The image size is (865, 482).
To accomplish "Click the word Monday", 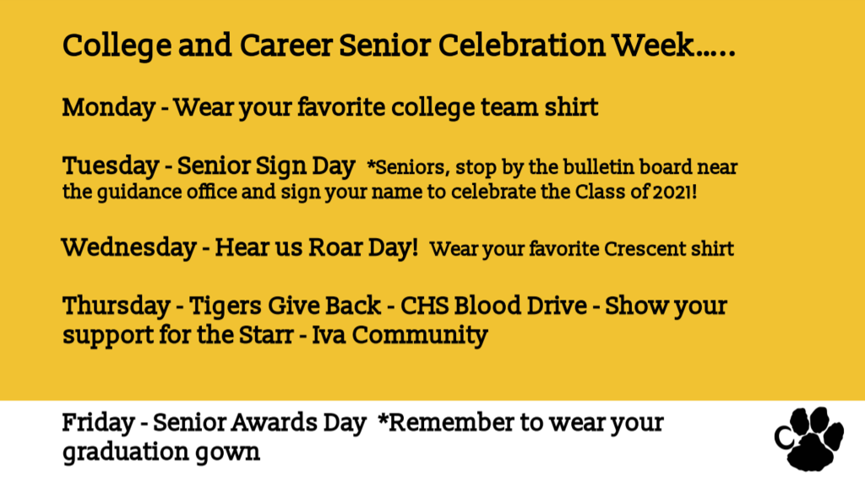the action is tap(109, 107).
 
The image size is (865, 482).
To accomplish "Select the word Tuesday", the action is tap(111, 166).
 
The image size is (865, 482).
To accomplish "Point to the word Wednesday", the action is tap(129, 247).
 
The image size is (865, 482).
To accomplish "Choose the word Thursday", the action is tap(117, 306).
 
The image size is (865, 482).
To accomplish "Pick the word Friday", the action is tap(98, 424).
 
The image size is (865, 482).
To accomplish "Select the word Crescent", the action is tap(645, 249).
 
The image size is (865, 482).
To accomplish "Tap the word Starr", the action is tap(266, 335).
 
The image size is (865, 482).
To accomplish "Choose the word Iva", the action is tap(329, 335).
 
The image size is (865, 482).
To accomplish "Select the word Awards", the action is tap(274, 423).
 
